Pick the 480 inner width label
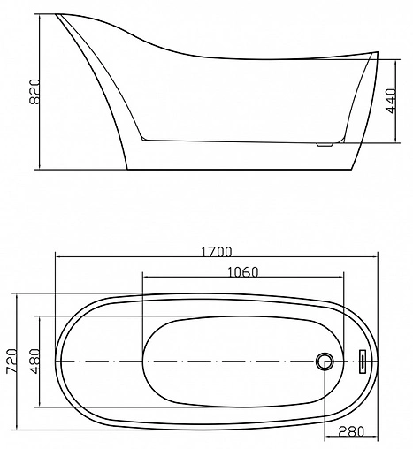34,361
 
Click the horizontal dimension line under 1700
218,258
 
